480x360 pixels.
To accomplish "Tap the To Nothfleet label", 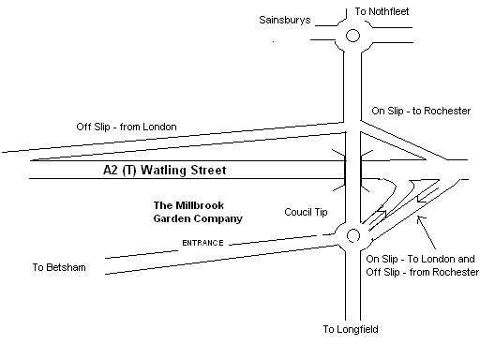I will click(382, 12).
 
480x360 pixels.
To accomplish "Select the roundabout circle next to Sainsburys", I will click(352, 38).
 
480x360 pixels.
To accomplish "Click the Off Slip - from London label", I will click(126, 127).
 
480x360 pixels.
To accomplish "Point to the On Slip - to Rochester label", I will click(420, 111).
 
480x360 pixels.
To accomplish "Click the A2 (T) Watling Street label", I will click(164, 171).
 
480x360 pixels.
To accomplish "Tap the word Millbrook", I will click(200, 204).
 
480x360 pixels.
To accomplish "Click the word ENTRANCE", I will click(202, 244).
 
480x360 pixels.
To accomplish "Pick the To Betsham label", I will click(58, 267).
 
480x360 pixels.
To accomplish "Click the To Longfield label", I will click(351, 329).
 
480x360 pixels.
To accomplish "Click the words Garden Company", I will click(197, 217).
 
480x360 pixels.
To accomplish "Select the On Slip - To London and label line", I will click(419, 258).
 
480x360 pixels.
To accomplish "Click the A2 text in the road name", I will click(112, 171).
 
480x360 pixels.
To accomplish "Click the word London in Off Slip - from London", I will click(158, 127).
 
